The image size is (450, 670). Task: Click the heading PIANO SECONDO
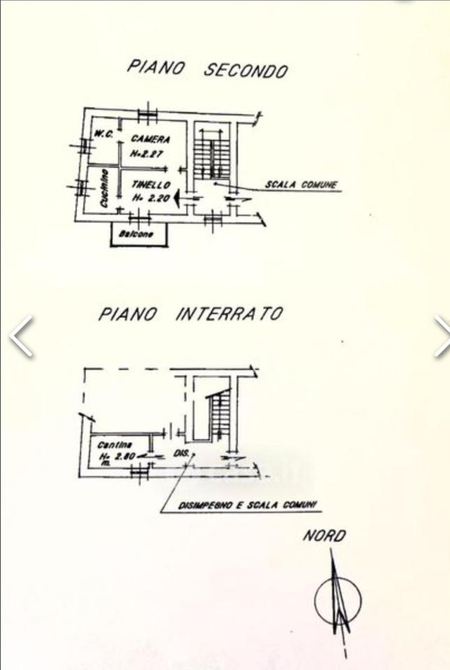(x=207, y=68)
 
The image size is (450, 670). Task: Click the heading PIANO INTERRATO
(x=190, y=313)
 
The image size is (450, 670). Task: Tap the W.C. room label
(x=104, y=135)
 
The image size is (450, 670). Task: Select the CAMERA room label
(x=150, y=140)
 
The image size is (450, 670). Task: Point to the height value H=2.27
(x=148, y=154)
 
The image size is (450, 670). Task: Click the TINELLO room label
(x=151, y=185)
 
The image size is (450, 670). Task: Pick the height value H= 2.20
(x=151, y=198)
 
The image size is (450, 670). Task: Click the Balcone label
(x=139, y=234)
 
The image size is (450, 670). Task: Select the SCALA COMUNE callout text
(x=300, y=185)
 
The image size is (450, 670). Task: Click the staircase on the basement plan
(x=220, y=415)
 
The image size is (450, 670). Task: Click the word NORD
(x=324, y=536)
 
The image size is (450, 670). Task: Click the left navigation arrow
(x=21, y=336)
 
